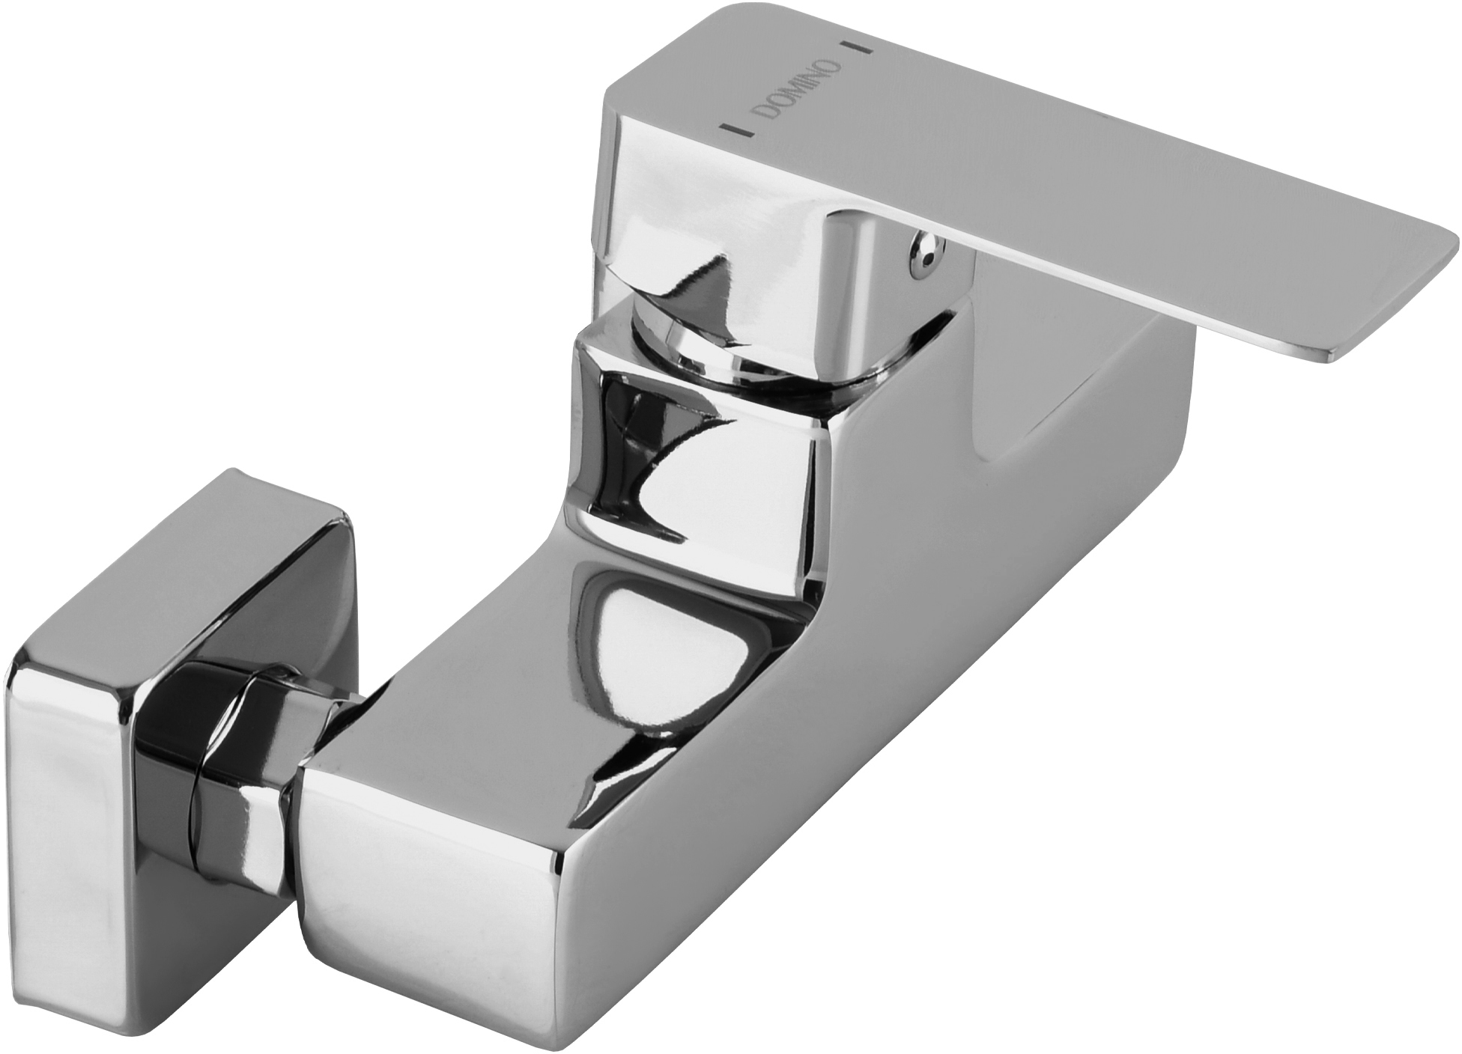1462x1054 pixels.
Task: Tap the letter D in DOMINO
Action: [x=762, y=112]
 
